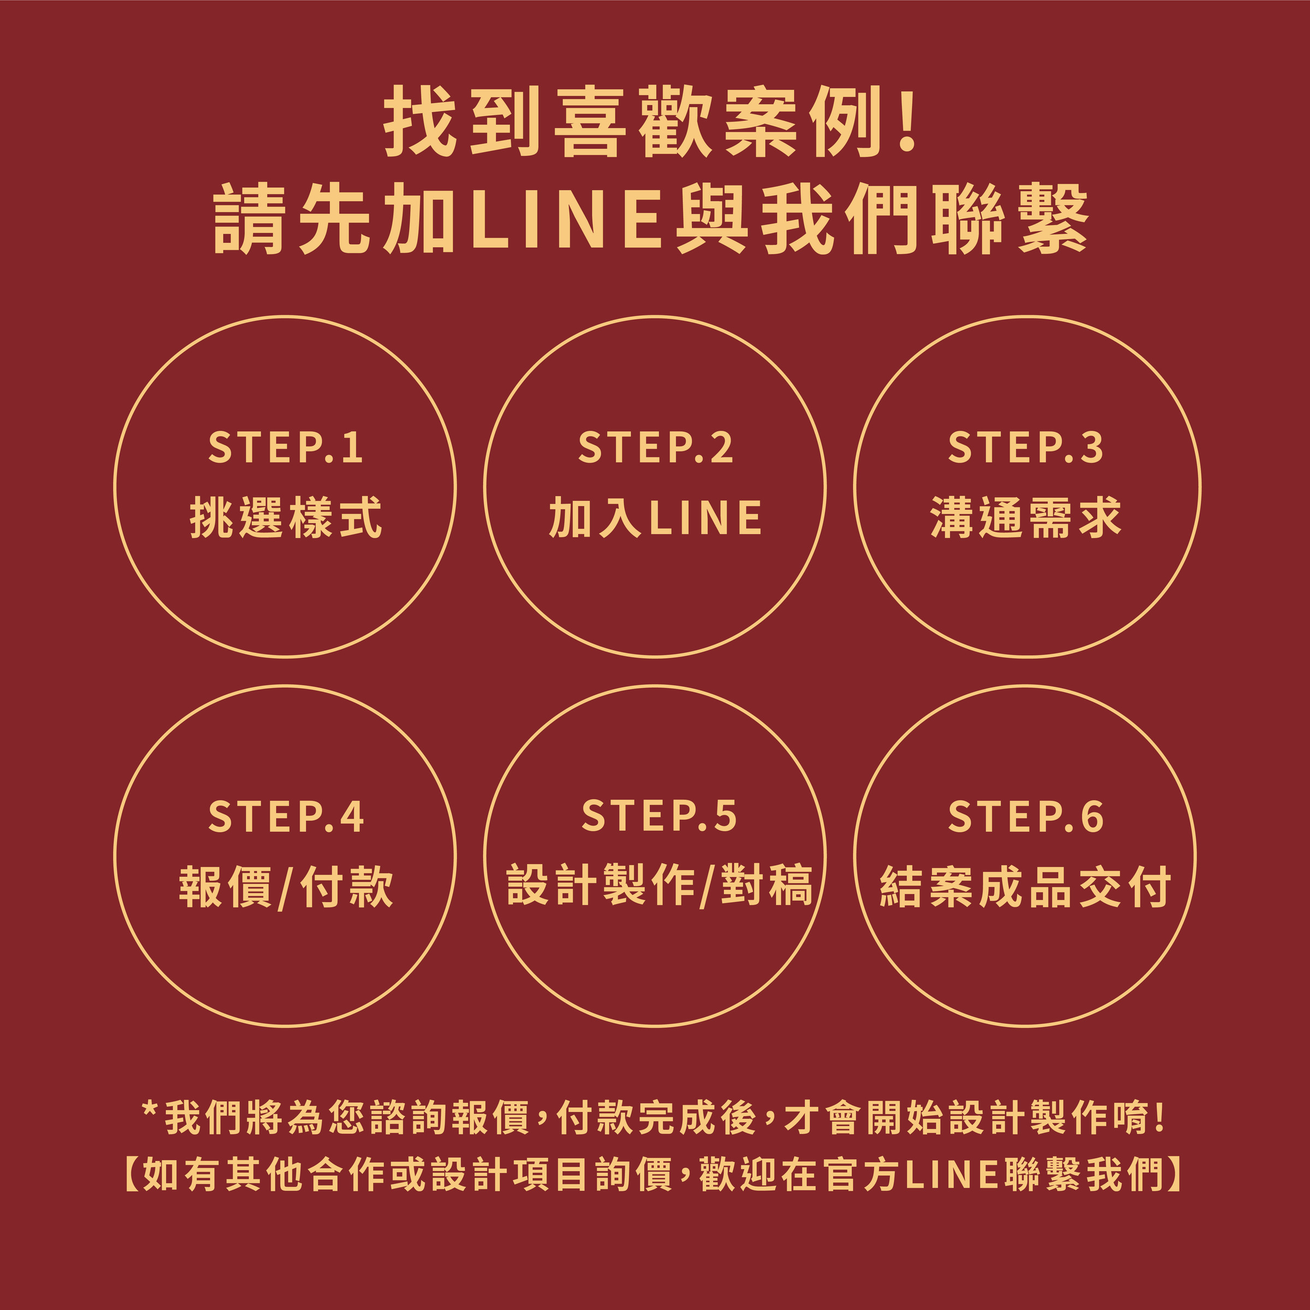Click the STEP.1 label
[285, 448]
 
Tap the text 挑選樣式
[285, 518]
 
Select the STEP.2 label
[655, 448]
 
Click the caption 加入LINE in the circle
[655, 518]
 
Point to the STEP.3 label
[1025, 448]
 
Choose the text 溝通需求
[1025, 518]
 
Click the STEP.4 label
[285, 817]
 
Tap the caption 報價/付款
[285, 887]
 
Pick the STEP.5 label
[658, 817]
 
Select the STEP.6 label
[1025, 817]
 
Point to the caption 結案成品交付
[1025, 887]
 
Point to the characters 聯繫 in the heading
[1010, 218]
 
